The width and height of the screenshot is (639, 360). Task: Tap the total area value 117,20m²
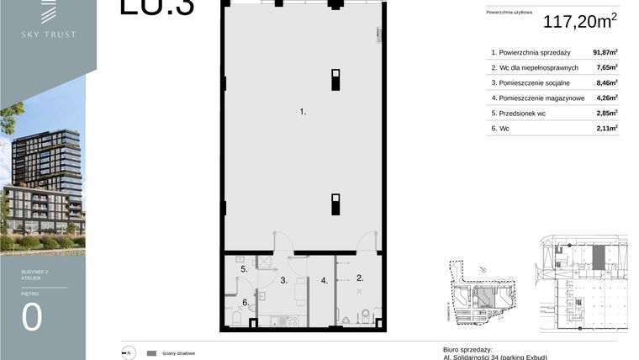[x=581, y=22]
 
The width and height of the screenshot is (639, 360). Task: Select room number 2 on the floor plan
[x=360, y=278]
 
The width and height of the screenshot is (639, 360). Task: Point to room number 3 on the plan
[x=285, y=280]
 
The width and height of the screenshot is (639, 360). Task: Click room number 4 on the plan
[x=324, y=280]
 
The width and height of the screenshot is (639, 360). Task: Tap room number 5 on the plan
[x=244, y=269]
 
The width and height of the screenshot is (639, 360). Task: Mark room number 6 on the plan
[x=245, y=302]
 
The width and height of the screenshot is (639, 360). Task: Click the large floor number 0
[x=32, y=319]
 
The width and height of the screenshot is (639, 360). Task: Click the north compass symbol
[x=128, y=353]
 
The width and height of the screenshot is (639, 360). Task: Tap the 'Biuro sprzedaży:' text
[x=467, y=349]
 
